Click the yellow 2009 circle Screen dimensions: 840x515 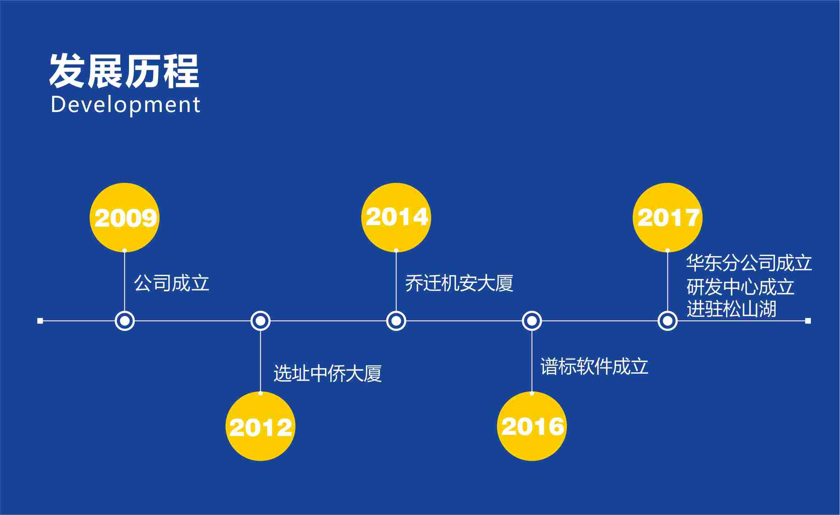[x=124, y=218]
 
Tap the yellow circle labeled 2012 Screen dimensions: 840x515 [x=260, y=426]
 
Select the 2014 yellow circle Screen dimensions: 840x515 [x=396, y=218]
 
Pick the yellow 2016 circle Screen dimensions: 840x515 [x=532, y=426]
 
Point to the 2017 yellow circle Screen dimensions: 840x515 [x=667, y=218]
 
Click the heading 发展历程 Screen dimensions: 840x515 [x=124, y=71]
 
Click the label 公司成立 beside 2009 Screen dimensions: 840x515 [x=171, y=283]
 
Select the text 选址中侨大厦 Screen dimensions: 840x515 [x=327, y=373]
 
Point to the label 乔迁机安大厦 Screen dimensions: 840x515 [x=459, y=283]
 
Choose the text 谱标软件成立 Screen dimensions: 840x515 [x=594, y=367]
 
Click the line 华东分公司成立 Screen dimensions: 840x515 [x=749, y=263]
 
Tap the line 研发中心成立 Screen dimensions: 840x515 [x=740, y=287]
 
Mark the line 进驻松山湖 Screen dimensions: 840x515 [x=731, y=309]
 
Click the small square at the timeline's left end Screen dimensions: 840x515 [x=40, y=321]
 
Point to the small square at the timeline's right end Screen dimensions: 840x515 [x=808, y=321]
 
